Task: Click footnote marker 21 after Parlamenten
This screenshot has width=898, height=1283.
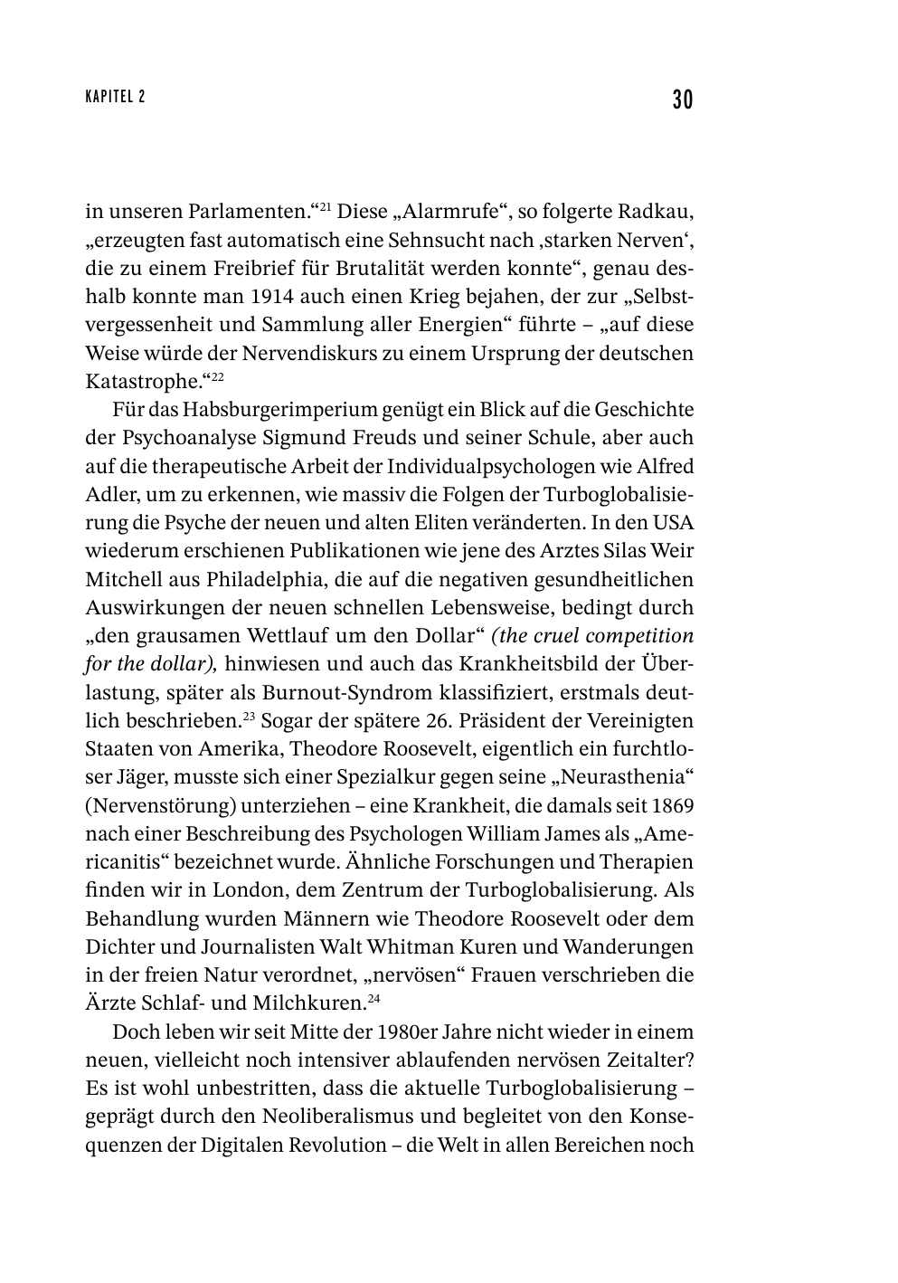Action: point(326,207)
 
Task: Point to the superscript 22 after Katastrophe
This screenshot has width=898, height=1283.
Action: point(218,376)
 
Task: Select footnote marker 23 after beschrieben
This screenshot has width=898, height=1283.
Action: point(248,716)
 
